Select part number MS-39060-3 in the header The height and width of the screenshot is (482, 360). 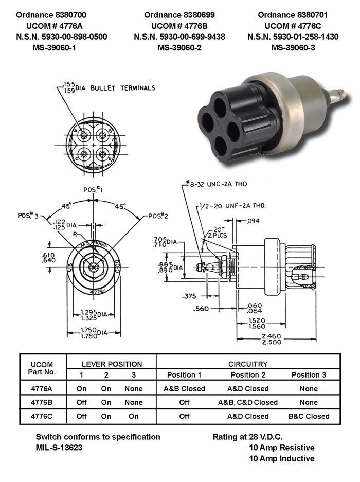pyautogui.click(x=294, y=47)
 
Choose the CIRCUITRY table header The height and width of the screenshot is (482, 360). pyautogui.click(x=249, y=364)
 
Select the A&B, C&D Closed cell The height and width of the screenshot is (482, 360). pyautogui.click(x=247, y=402)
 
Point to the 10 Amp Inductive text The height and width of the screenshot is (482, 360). pyautogui.click(x=282, y=458)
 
